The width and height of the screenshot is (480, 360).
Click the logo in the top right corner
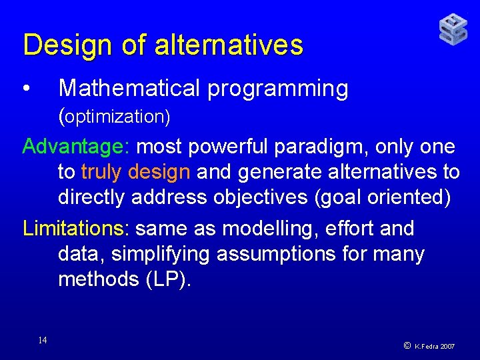tap(453, 30)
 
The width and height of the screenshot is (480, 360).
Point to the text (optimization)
tap(115, 117)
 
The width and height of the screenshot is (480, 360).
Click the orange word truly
tap(101, 172)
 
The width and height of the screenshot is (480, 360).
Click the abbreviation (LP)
tap(167, 279)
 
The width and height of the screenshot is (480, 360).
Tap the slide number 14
tap(43, 341)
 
